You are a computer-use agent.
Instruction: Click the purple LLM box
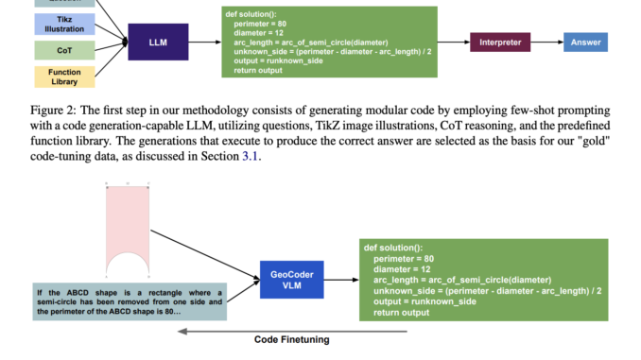(158, 42)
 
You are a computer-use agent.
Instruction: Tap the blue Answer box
(586, 42)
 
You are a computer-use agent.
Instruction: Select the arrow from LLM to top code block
(206, 42)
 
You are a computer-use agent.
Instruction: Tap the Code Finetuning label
(290, 340)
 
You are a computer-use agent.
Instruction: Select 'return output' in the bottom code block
(403, 312)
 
